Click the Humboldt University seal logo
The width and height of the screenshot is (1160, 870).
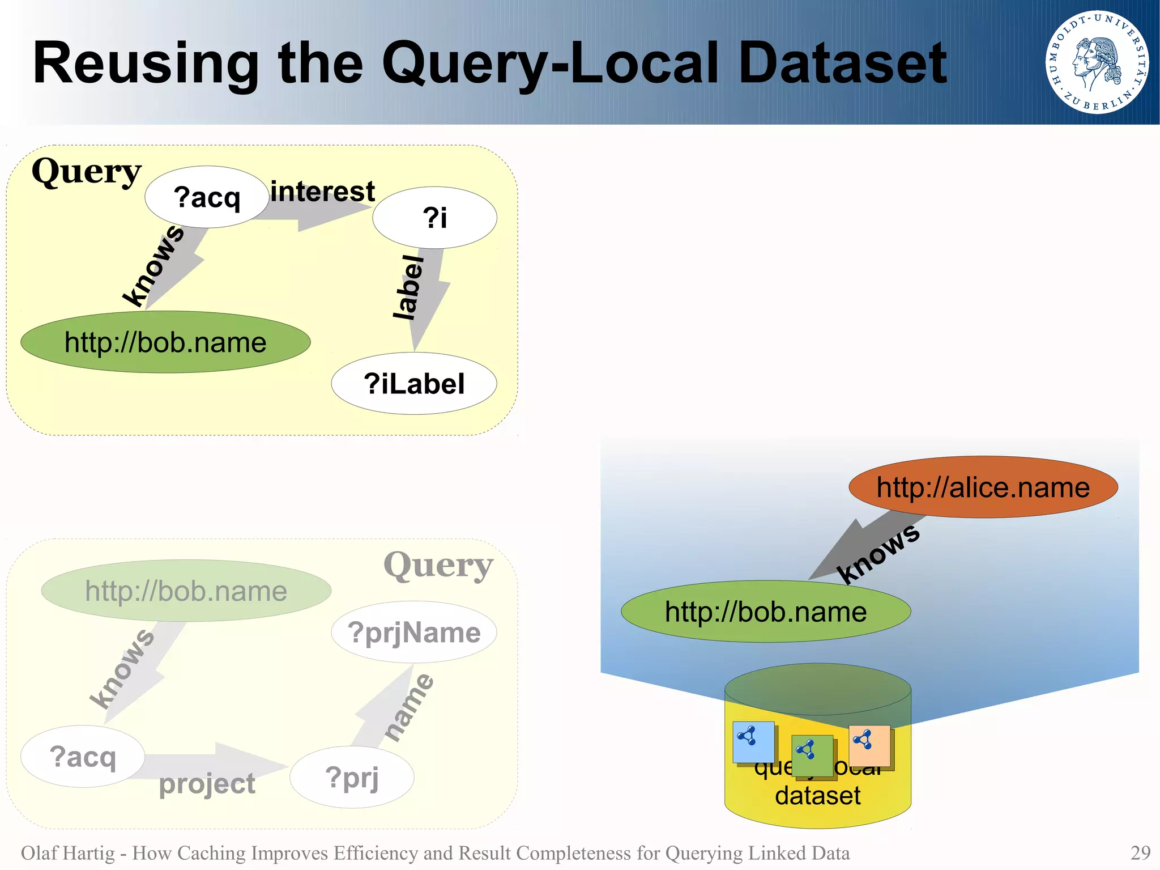(1097, 62)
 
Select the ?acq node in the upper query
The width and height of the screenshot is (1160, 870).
(207, 197)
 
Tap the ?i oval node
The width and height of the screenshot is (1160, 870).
(434, 218)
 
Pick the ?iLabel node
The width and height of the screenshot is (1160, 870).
(413, 384)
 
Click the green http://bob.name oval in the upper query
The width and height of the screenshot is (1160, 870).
(165, 342)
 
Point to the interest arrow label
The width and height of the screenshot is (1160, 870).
(322, 192)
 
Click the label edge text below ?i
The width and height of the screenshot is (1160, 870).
(409, 287)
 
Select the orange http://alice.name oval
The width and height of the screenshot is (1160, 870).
(983, 487)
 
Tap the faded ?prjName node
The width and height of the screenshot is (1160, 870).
(413, 633)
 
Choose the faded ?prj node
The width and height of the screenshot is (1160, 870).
(352, 777)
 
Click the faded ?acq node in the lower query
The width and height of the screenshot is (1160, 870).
(83, 757)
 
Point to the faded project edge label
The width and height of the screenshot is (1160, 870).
(207, 784)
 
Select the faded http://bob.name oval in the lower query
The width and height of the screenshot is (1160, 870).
(186, 591)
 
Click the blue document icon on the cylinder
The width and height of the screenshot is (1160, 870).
(753, 741)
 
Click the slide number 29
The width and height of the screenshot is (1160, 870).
(1140, 853)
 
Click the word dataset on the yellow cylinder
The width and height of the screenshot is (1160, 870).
(817, 796)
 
